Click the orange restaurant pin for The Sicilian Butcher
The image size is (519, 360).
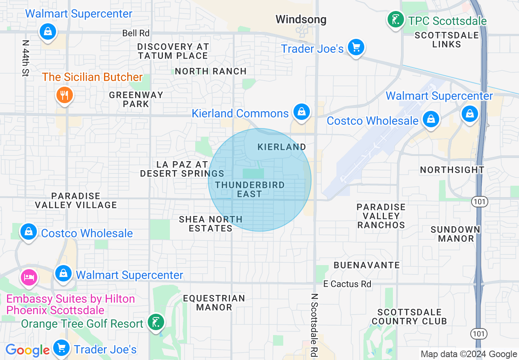(x=64, y=95)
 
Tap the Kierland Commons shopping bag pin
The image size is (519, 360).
(x=302, y=111)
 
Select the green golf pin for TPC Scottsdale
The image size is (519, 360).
(x=395, y=20)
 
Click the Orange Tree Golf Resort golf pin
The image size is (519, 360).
(x=156, y=322)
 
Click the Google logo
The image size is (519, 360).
(x=27, y=350)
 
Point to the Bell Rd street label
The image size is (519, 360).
(x=136, y=33)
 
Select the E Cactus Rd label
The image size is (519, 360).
(x=347, y=284)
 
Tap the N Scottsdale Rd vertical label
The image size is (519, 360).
(x=314, y=325)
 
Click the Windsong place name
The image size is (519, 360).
(x=301, y=19)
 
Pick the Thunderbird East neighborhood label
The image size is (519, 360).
(x=250, y=189)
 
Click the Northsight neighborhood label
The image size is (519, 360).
(x=452, y=169)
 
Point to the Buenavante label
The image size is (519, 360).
(x=367, y=265)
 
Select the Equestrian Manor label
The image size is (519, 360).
(x=214, y=303)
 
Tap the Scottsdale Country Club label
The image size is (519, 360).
(x=409, y=317)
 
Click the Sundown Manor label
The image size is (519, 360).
(x=455, y=234)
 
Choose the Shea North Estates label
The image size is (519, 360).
(x=211, y=224)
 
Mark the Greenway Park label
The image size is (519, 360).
(x=136, y=99)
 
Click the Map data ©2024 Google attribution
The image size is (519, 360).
(x=469, y=354)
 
